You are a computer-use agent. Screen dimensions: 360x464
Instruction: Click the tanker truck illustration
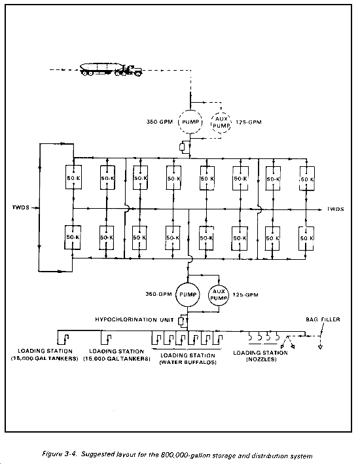coord(111,69)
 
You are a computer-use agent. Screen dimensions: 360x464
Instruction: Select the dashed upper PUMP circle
coord(179,122)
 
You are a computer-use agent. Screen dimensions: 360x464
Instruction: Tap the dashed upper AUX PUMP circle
coord(211,122)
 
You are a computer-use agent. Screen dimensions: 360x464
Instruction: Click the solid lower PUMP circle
coord(176,294)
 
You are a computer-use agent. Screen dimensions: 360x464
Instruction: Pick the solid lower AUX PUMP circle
coord(209,294)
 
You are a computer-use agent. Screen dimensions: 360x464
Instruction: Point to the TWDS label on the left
coord(21,207)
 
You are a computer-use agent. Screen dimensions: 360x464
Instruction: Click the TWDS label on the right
coord(335,209)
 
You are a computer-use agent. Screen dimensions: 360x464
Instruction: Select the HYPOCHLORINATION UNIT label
coord(134,319)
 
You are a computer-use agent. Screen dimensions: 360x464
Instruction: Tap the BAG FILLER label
coord(323,319)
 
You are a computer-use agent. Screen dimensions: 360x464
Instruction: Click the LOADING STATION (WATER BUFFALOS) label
coord(188,359)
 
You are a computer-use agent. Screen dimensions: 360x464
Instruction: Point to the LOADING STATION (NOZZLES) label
coord(261,356)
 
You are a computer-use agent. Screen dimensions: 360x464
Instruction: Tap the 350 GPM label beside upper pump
coord(160,122)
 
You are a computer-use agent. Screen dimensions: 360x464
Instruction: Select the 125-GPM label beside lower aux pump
coord(245,294)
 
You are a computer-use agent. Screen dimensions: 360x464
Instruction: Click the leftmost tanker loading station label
coord(45,355)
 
